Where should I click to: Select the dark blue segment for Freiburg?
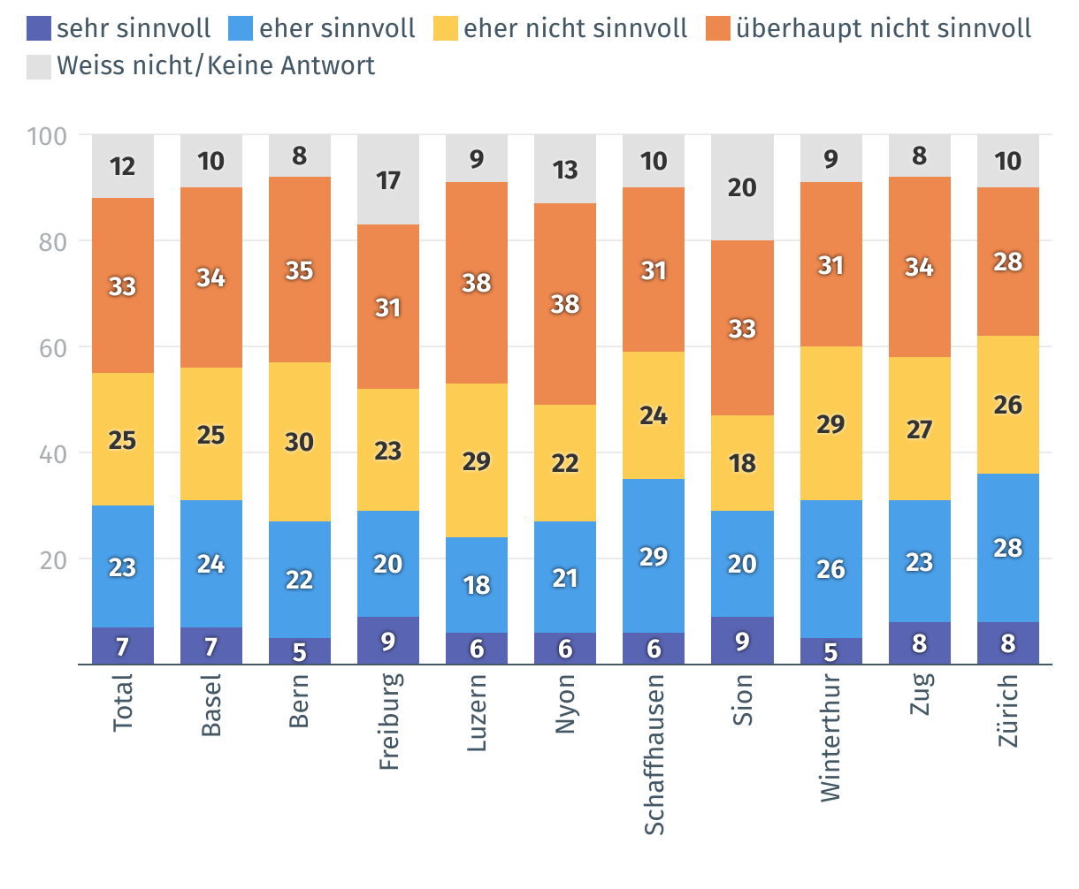[x=388, y=641]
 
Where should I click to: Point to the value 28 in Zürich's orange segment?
[x=1007, y=262]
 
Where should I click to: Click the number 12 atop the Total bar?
[x=123, y=166]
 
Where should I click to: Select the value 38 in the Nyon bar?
[x=565, y=304]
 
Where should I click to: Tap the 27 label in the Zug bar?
[x=919, y=429]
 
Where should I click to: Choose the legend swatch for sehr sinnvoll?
[x=39, y=28]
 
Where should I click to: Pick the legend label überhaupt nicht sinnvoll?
[x=883, y=28]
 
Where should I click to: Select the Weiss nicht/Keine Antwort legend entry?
[x=215, y=65]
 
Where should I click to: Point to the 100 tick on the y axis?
[x=48, y=136]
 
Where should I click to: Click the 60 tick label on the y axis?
[x=53, y=348]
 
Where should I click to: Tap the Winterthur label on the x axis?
[x=830, y=738]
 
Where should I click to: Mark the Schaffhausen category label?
[x=654, y=754]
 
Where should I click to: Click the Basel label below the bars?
[x=211, y=704]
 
